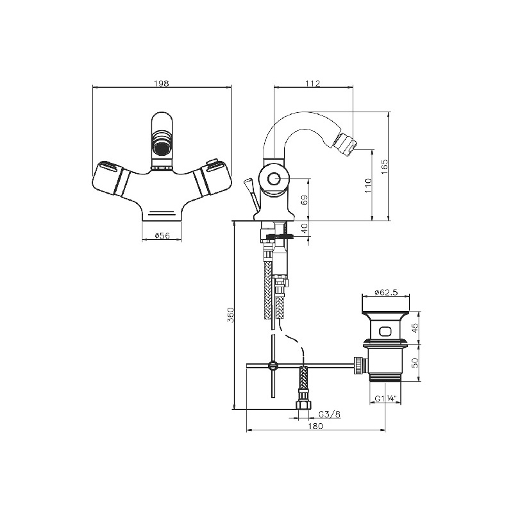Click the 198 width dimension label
tap(162, 83)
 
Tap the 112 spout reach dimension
tap(313, 83)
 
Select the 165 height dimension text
tap(384, 167)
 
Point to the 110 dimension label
tap(369, 185)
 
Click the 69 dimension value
tap(304, 200)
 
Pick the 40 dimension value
tap(305, 229)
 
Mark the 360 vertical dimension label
tap(230, 315)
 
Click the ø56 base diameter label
tap(162, 235)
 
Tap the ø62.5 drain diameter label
tap(386, 292)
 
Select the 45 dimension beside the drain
tap(415, 328)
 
